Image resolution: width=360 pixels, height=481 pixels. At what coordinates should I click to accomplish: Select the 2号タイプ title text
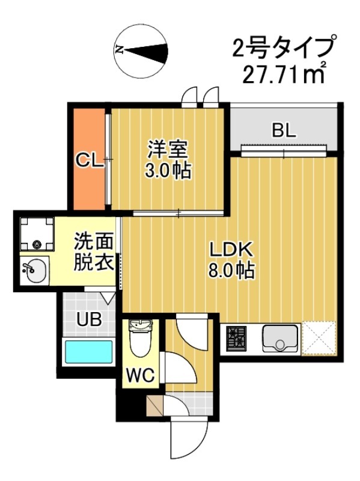282,47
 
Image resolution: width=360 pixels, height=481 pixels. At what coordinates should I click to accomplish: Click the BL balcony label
284,130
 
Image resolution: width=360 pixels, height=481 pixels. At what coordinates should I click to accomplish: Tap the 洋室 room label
168,149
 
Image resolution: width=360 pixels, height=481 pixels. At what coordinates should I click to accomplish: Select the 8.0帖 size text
231,270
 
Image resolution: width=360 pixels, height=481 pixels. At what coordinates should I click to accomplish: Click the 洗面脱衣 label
93,252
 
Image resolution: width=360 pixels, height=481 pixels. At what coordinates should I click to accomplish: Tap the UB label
88,319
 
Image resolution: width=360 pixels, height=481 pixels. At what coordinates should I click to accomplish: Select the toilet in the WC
141,339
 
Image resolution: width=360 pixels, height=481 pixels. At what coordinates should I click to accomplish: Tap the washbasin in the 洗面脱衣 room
33,271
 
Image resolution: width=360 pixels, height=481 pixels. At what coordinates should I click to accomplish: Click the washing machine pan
35,234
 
